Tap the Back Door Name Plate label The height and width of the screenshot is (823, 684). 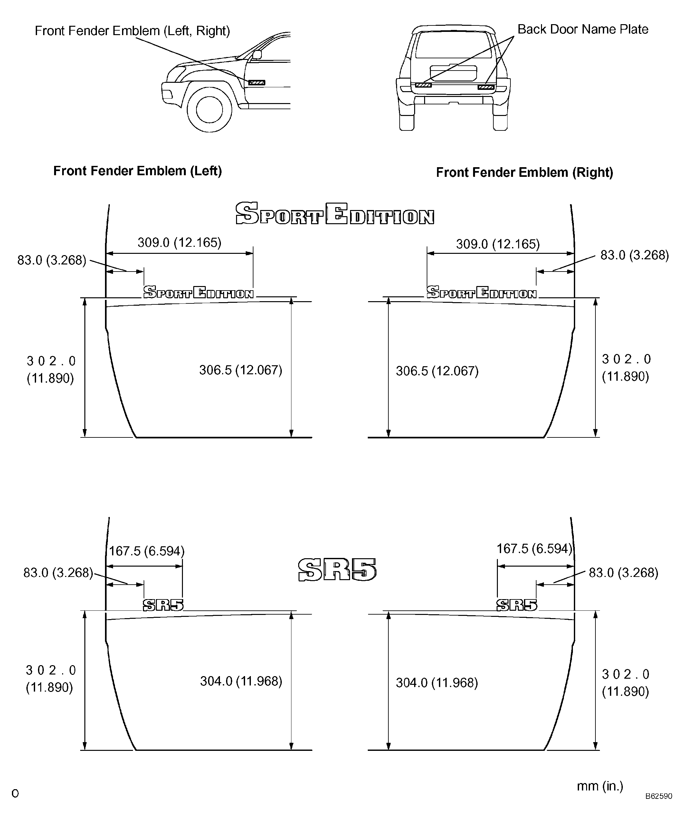coord(583,29)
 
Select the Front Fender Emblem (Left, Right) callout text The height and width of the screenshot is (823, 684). coord(132,31)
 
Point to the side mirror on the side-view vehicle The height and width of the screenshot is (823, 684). coord(257,54)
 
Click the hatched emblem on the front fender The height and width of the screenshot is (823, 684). coord(257,83)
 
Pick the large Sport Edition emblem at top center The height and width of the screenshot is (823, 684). coord(335,214)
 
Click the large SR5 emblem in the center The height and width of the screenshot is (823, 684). coord(337,569)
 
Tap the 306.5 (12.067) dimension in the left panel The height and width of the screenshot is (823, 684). coord(241,370)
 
